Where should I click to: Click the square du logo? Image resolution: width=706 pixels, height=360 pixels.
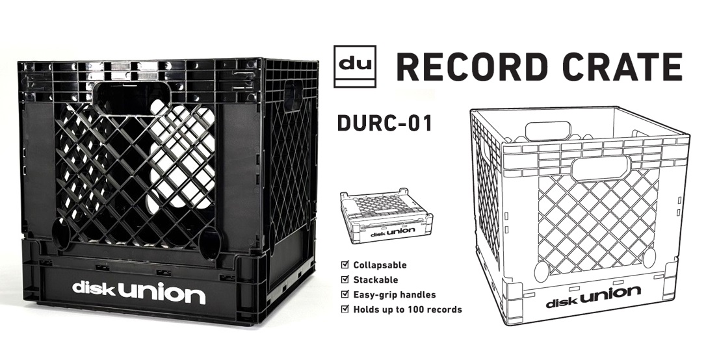pyautogui.click(x=355, y=66)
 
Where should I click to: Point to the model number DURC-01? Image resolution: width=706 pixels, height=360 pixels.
pyautogui.click(x=385, y=123)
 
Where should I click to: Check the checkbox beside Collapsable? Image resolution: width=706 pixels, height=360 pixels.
pyautogui.click(x=345, y=264)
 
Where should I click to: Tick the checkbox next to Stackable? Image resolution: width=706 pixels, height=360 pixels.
pyautogui.click(x=345, y=279)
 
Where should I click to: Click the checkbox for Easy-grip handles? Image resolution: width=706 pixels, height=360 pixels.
pyautogui.click(x=345, y=294)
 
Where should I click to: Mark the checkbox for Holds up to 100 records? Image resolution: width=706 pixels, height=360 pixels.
pyautogui.click(x=345, y=309)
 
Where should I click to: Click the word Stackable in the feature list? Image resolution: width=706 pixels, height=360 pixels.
pyautogui.click(x=376, y=280)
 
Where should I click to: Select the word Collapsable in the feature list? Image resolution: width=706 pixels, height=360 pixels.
pyautogui.click(x=380, y=265)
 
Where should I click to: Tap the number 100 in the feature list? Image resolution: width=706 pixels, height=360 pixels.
pyautogui.click(x=416, y=309)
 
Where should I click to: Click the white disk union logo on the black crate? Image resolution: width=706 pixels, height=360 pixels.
pyautogui.click(x=138, y=292)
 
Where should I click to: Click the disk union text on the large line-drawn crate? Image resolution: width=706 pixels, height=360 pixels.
pyautogui.click(x=594, y=298)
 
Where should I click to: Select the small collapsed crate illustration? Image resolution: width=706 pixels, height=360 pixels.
pyautogui.click(x=387, y=216)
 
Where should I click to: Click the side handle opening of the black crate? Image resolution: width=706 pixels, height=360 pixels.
pyautogui.click(x=293, y=96)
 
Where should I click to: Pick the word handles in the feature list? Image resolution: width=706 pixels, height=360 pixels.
pyautogui.click(x=419, y=295)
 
